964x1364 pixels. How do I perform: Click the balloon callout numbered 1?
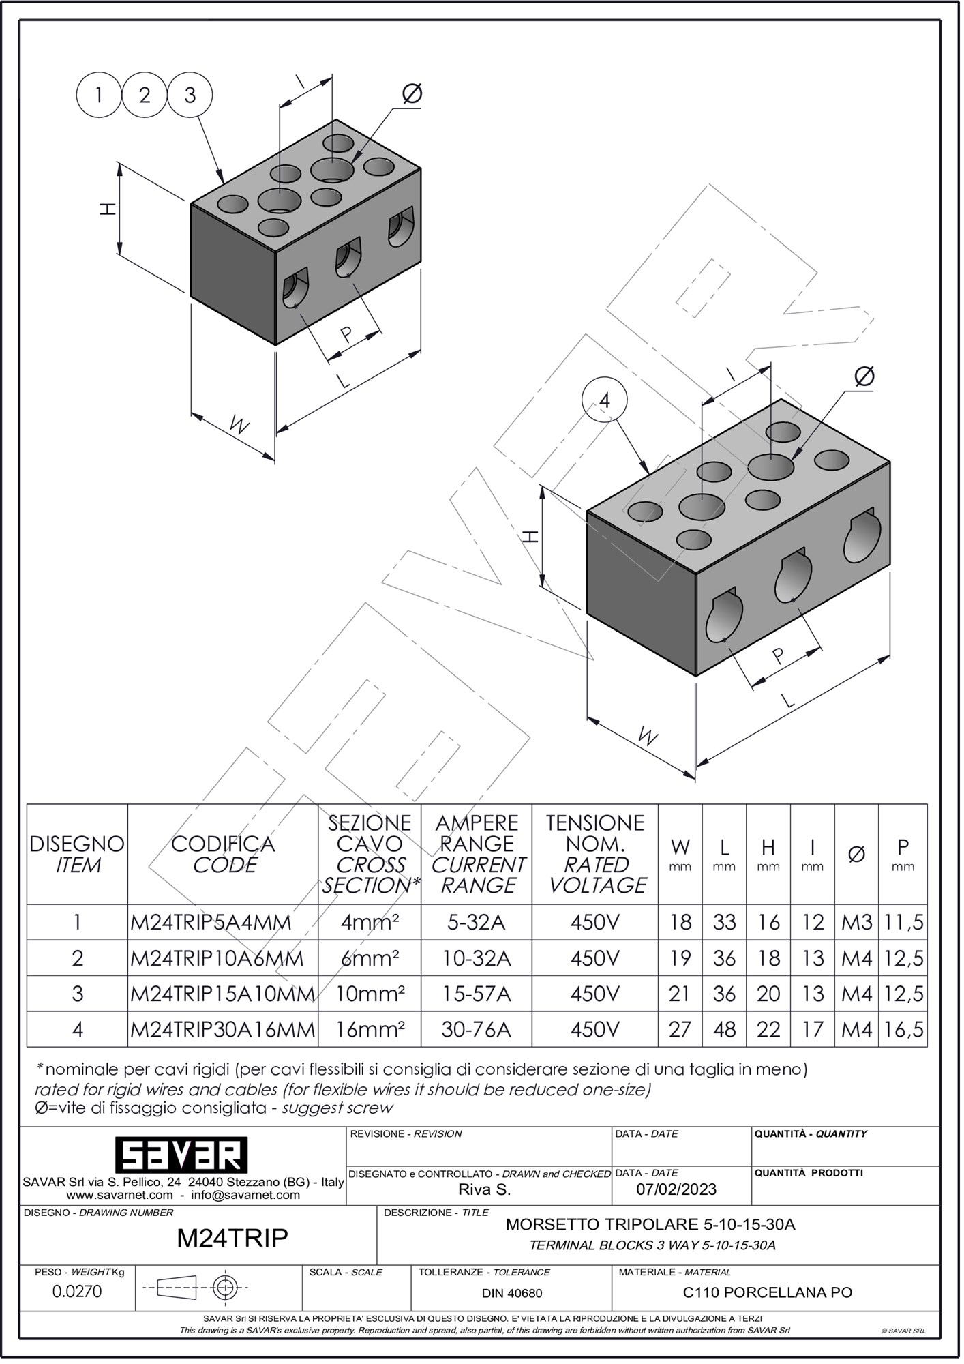pos(99,95)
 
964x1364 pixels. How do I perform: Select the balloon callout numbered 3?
pos(190,95)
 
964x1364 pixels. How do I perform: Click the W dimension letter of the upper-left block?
pos(239,426)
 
